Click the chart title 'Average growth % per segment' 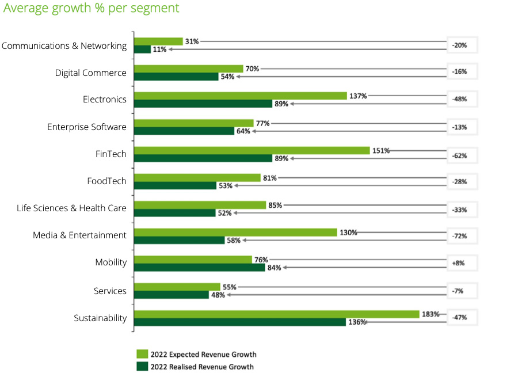[x=91, y=9]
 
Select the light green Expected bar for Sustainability [x=276, y=314]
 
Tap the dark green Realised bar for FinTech [x=203, y=158]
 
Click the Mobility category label [x=111, y=262]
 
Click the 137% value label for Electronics [x=358, y=96]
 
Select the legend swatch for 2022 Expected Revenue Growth [x=142, y=354]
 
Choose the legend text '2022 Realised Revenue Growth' [x=202, y=367]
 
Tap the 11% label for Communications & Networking [x=159, y=50]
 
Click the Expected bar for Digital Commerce [x=188, y=68]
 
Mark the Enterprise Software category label [x=86, y=127]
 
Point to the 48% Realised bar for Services [x=171, y=295]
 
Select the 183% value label [x=430, y=314]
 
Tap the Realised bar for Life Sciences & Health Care [x=174, y=213]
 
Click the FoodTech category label [x=106, y=181]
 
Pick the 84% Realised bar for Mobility [x=199, y=267]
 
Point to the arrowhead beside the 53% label [x=237, y=186]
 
